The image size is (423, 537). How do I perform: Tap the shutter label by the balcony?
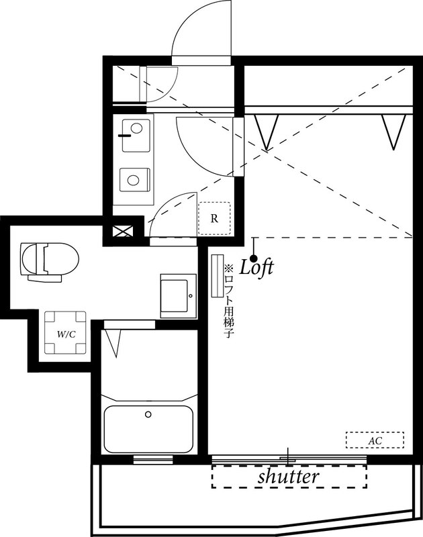288,477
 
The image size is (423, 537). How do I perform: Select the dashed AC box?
375,440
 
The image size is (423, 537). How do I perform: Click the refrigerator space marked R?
214,218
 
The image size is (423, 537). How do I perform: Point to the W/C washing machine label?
66,334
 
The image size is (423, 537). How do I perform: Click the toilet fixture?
48,258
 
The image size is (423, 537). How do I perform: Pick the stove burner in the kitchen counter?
135,180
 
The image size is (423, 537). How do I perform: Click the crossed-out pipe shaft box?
123,232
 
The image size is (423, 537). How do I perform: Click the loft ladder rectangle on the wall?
217,275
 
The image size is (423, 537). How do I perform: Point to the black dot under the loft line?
254,258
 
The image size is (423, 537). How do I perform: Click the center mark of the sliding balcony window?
289,457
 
